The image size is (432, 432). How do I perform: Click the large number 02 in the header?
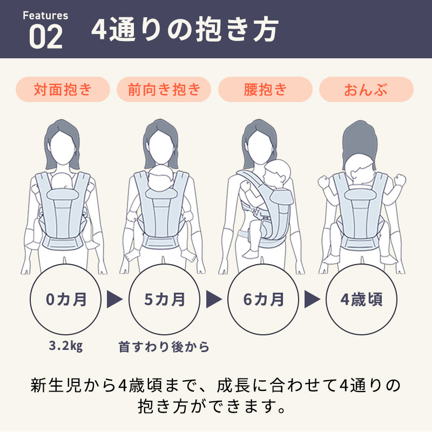(46, 37)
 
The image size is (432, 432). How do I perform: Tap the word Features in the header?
(45, 16)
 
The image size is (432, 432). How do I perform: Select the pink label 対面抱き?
(63, 89)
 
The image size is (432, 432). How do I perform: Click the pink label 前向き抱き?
(164, 89)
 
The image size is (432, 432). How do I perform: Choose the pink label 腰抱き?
(265, 89)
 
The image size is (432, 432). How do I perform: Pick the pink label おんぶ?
(366, 89)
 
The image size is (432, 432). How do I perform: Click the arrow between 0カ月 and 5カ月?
(114, 299)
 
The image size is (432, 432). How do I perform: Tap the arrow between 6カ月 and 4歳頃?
(312, 299)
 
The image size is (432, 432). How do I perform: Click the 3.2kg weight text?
(65, 346)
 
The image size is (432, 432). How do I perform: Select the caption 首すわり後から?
(164, 347)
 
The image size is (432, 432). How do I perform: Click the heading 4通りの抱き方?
(185, 30)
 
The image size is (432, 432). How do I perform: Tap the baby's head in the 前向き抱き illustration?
(161, 177)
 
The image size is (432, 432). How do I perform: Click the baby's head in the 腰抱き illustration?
(276, 173)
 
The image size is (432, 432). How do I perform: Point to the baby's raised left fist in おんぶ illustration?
(323, 182)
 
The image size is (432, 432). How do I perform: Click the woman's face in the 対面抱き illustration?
(63, 147)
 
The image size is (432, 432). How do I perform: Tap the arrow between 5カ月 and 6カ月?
(213, 299)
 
